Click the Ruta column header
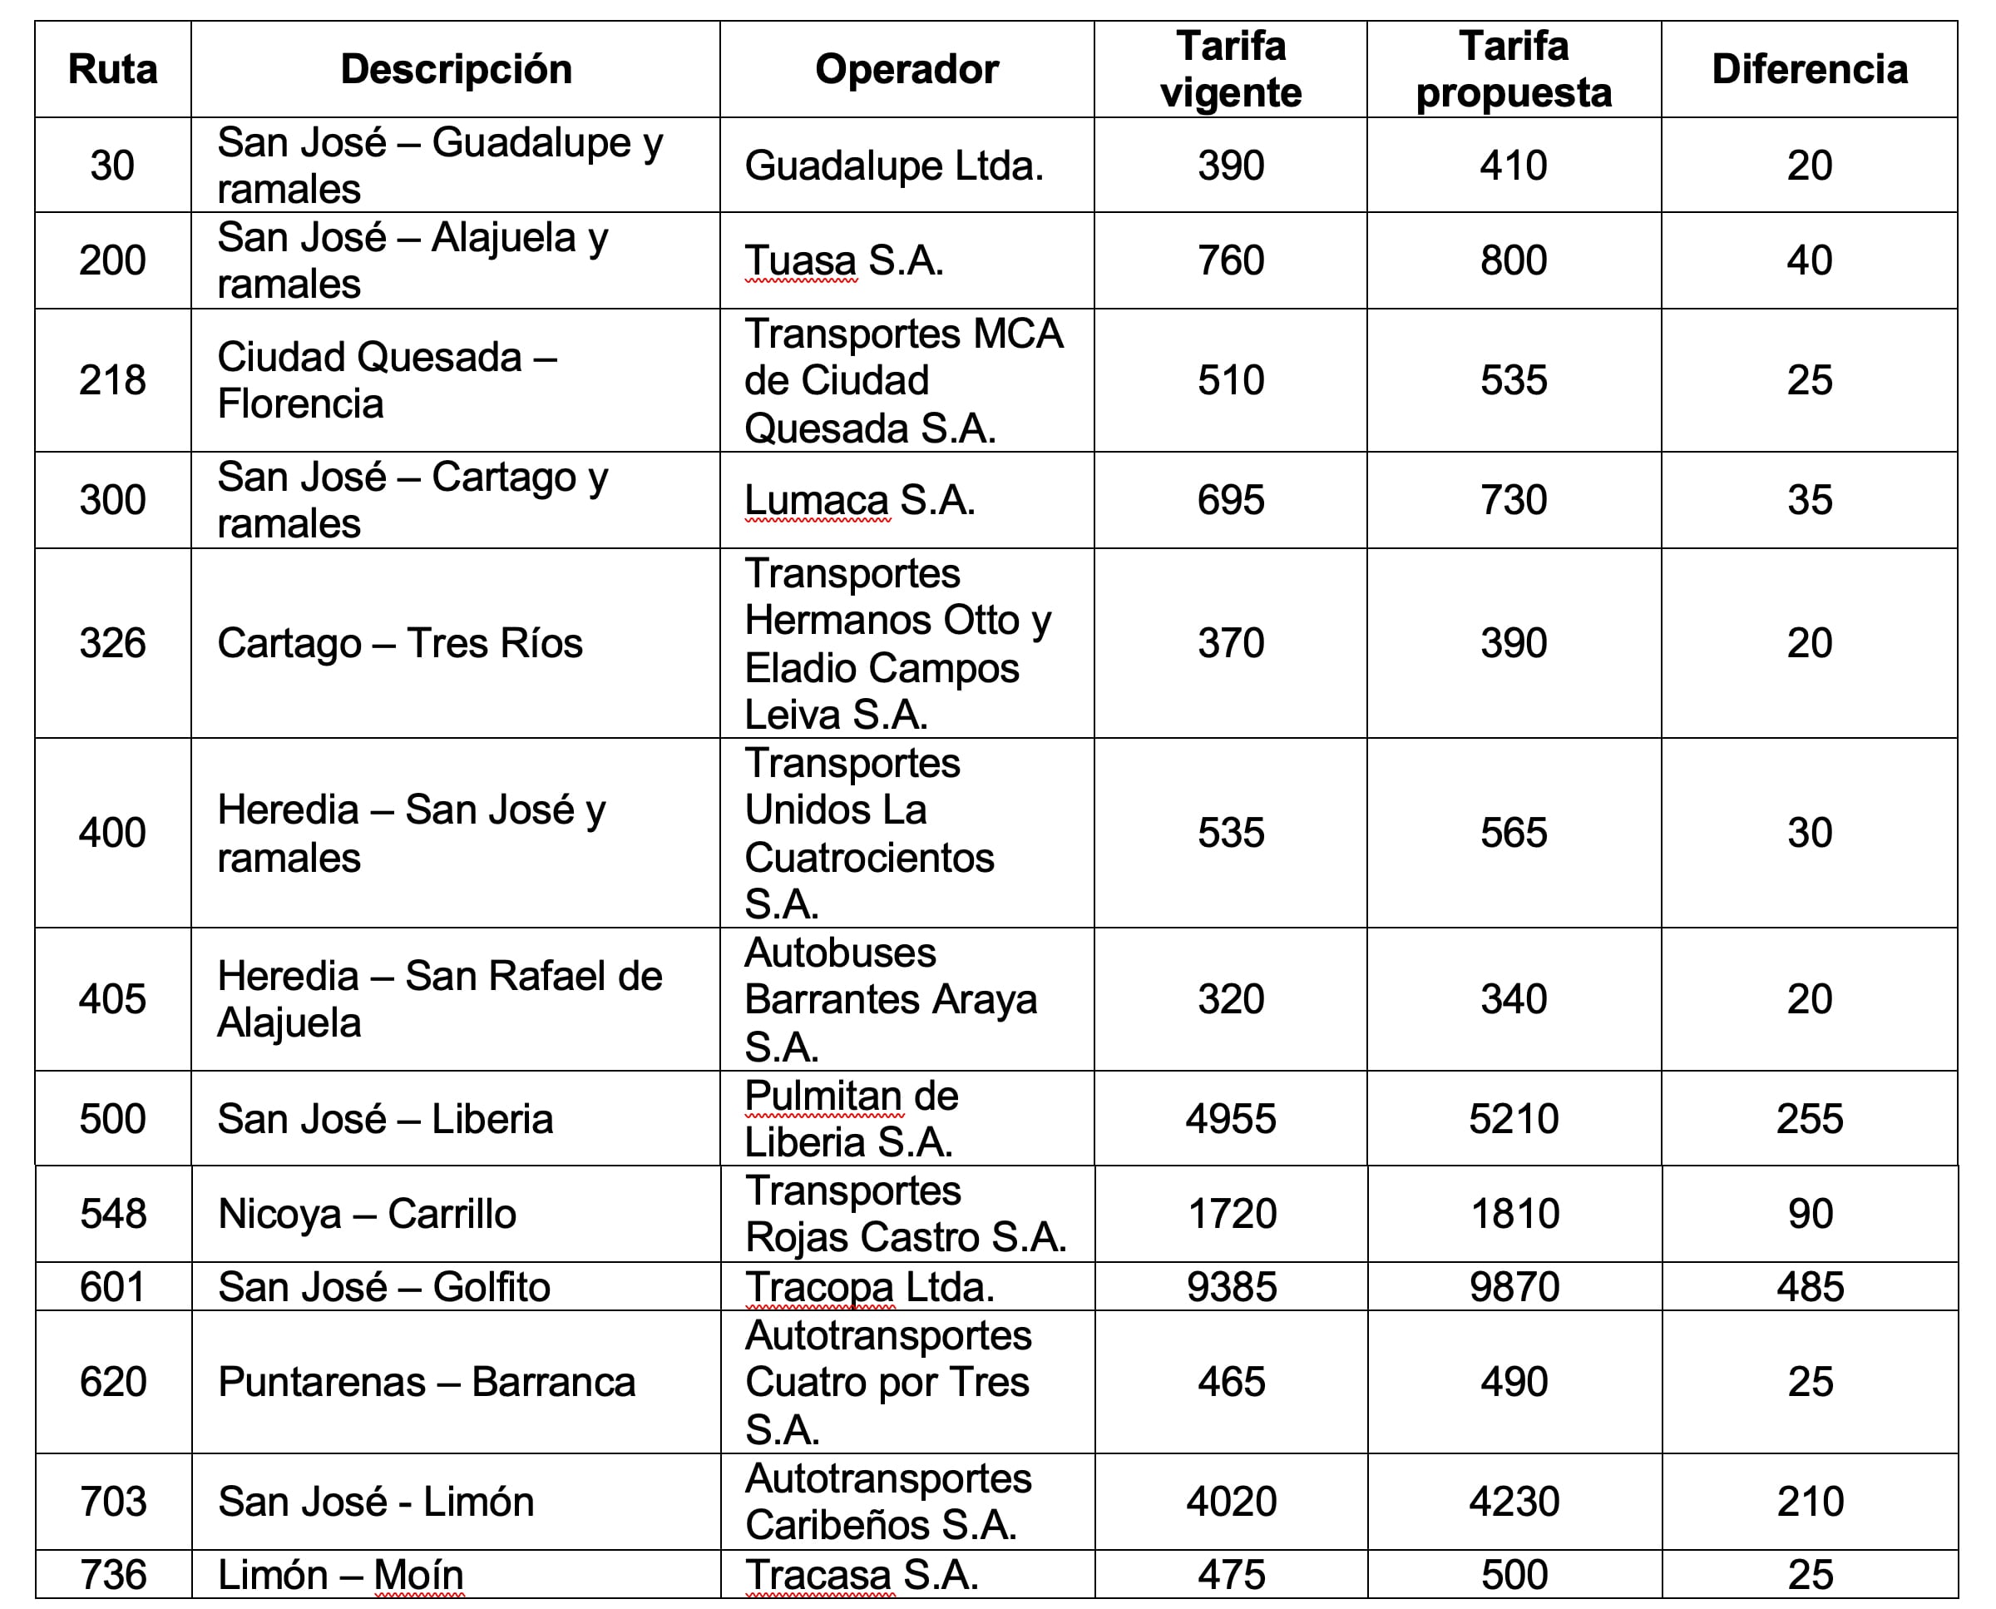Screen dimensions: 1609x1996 point(113,70)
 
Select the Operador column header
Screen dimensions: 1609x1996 point(907,70)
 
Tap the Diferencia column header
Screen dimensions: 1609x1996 point(1809,70)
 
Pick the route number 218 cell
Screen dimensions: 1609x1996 point(112,380)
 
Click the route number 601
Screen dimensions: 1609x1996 point(112,1286)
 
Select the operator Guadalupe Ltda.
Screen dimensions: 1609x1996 point(893,166)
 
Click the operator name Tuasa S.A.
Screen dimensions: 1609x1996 point(843,260)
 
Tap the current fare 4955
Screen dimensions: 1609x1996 point(1231,1119)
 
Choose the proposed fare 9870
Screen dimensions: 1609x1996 point(1514,1286)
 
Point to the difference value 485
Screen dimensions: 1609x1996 point(1810,1286)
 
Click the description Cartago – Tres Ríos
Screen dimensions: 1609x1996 point(399,643)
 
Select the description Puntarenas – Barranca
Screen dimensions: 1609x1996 point(427,1382)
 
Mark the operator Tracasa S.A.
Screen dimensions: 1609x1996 point(861,1575)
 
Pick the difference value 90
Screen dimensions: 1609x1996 point(1810,1214)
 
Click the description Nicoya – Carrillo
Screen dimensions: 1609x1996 point(367,1214)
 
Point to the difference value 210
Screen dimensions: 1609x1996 point(1810,1502)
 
